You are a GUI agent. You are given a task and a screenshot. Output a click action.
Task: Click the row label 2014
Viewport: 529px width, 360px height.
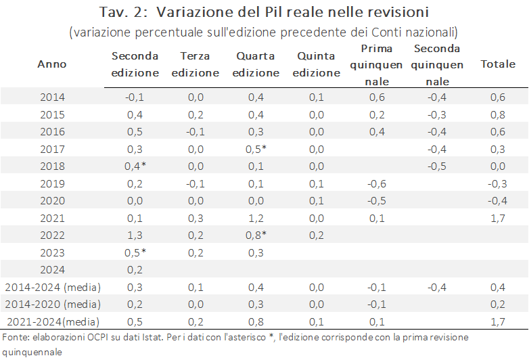pyautogui.click(x=52, y=97)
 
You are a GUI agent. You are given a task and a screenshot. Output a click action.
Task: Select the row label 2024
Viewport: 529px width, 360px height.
pyautogui.click(x=52, y=269)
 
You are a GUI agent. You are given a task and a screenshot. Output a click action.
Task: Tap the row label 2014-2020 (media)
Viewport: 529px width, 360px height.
pyautogui.click(x=51, y=304)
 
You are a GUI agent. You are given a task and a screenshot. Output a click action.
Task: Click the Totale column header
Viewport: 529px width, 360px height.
pyautogui.click(x=497, y=64)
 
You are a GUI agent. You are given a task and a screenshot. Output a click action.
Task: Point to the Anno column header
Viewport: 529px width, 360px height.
pyautogui.click(x=52, y=64)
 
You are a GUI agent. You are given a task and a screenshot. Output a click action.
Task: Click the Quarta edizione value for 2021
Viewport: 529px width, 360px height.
pyautogui.click(x=256, y=217)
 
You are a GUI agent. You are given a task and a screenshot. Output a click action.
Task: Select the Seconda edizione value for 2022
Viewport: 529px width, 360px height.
pyautogui.click(x=135, y=234)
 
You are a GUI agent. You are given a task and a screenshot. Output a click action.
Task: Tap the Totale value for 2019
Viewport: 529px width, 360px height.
pyautogui.click(x=497, y=183)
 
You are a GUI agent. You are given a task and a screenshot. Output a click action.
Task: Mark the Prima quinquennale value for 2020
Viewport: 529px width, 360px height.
pyautogui.click(x=377, y=200)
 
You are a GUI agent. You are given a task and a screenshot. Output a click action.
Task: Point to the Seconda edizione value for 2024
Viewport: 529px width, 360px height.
pyautogui.click(x=135, y=269)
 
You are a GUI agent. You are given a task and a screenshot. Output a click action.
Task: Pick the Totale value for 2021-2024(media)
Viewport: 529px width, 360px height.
pyautogui.click(x=497, y=321)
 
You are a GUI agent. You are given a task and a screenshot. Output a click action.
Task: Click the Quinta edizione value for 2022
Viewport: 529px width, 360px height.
pyautogui.click(x=315, y=234)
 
